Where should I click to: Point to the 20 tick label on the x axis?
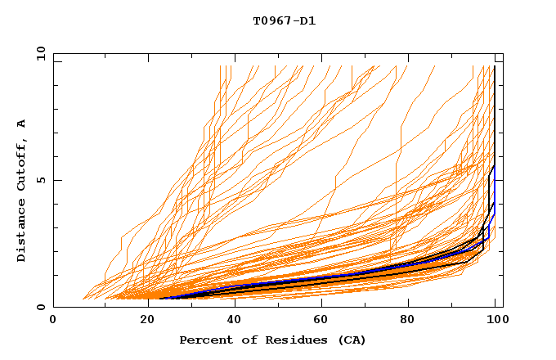coord(142,320)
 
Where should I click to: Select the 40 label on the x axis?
coord(232,320)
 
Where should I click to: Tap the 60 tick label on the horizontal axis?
coord(321,320)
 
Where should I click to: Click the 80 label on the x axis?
coord(410,320)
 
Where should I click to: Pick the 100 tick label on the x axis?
coord(496,320)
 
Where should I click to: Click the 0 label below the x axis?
coord(53,320)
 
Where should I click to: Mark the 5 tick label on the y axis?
coord(40,180)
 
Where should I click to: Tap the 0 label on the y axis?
coord(40,308)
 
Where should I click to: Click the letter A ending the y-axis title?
coord(21,124)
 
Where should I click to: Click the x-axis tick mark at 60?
coord(322,304)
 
